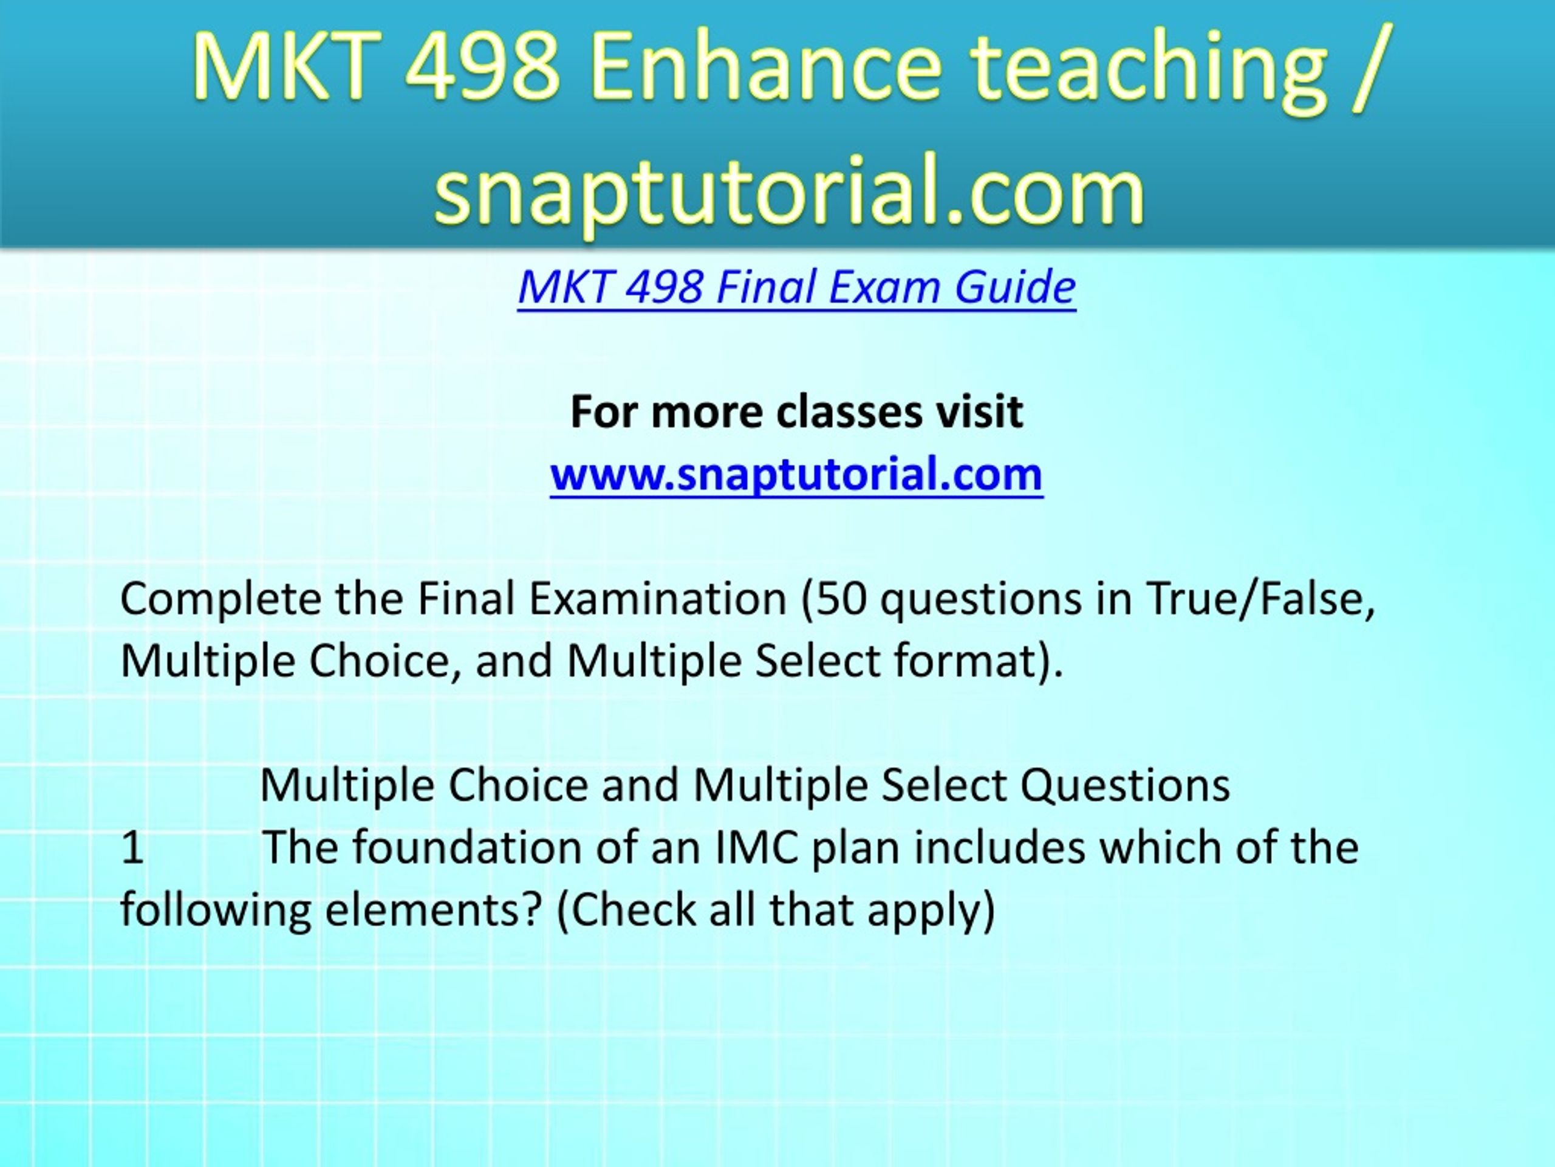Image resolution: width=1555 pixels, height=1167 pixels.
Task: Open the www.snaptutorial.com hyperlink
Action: [796, 474]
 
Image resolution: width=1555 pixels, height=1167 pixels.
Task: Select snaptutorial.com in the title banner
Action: [789, 191]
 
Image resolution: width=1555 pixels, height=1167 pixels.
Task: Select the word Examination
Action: [657, 599]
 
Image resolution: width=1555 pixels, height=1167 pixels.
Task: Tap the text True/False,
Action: [1260, 599]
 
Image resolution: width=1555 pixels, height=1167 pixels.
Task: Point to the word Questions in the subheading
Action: [1126, 786]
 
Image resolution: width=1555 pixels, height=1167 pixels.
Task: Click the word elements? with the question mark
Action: [434, 911]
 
